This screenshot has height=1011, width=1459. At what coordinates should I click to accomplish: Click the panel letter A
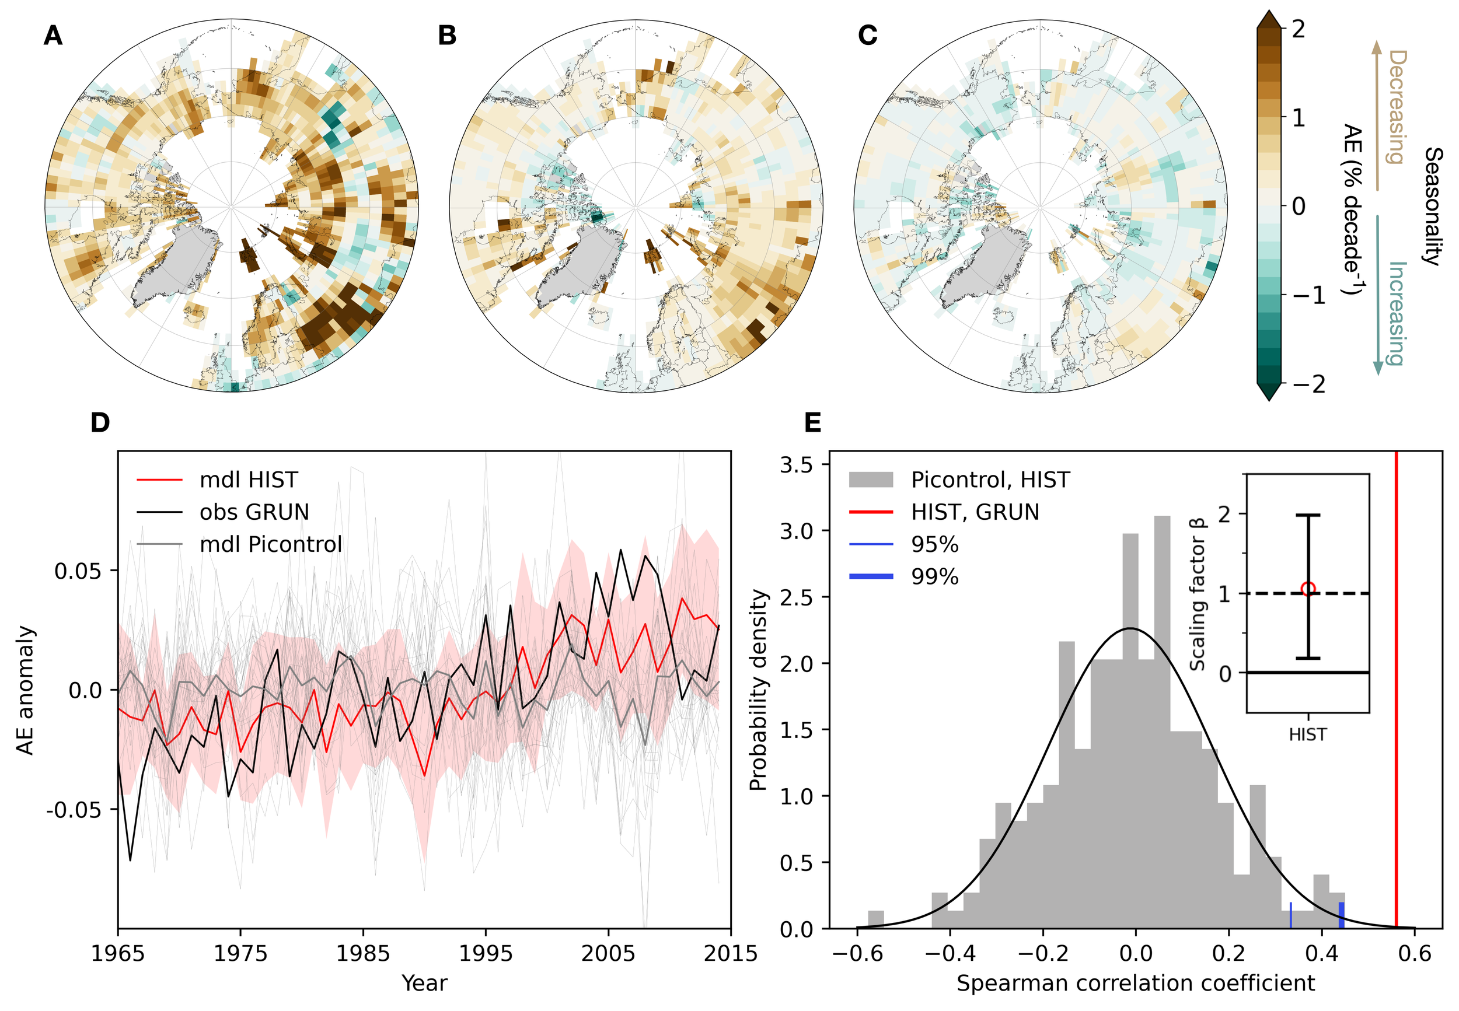53,36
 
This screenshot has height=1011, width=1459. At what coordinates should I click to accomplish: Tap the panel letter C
867,36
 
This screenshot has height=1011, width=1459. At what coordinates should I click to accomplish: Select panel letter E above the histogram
812,422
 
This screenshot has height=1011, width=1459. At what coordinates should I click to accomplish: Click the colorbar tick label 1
1298,118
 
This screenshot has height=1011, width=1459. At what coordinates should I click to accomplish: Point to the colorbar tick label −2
1304,384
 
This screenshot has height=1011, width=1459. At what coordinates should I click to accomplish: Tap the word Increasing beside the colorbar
1397,313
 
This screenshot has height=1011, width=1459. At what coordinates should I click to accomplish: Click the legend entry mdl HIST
249,480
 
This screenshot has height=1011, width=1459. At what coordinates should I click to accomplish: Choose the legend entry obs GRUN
254,512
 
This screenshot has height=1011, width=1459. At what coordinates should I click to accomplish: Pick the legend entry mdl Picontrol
271,544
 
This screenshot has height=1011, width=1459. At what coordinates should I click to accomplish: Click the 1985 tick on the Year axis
363,953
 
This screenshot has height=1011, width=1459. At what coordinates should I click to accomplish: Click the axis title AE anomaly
25,691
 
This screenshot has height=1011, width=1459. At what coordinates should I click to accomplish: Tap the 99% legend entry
934,576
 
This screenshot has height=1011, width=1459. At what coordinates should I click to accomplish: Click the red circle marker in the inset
1308,589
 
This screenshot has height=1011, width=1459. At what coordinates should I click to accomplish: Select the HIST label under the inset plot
1308,735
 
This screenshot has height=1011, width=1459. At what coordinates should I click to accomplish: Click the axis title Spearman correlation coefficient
1135,983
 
